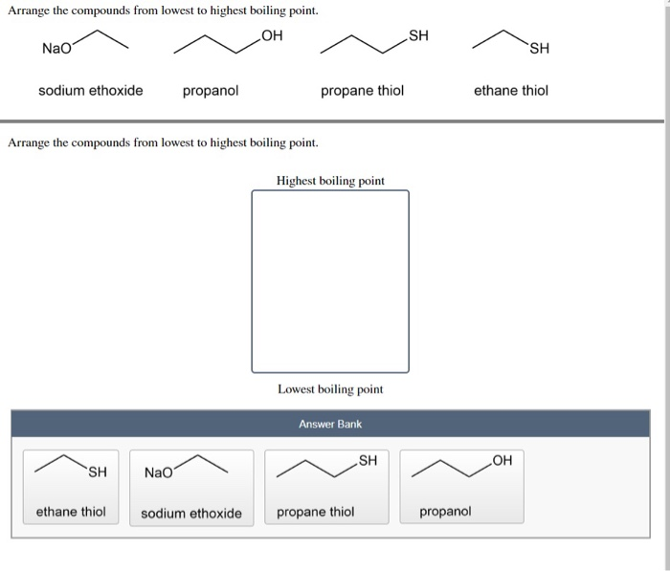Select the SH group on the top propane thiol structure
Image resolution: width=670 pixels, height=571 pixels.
click(419, 37)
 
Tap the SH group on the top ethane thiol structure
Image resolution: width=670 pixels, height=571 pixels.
click(539, 49)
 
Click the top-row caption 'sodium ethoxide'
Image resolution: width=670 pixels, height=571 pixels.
click(91, 91)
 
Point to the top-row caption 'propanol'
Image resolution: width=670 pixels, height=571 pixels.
click(211, 91)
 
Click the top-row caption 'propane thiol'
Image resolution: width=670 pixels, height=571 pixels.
click(362, 91)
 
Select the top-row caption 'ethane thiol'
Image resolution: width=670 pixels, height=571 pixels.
click(511, 91)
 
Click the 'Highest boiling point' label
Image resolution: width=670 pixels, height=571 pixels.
click(330, 181)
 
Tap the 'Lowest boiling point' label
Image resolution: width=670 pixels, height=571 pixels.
click(330, 389)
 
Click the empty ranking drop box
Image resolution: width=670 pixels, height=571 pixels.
click(330, 281)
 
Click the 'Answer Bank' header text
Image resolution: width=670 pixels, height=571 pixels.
click(330, 424)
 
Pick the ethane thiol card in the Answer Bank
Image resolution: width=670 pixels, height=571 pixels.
click(72, 487)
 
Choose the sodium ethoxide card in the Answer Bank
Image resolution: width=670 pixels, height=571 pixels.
click(191, 487)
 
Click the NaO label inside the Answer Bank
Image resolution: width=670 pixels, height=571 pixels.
click(159, 472)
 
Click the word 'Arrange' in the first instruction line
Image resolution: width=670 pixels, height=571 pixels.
click(30, 11)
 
